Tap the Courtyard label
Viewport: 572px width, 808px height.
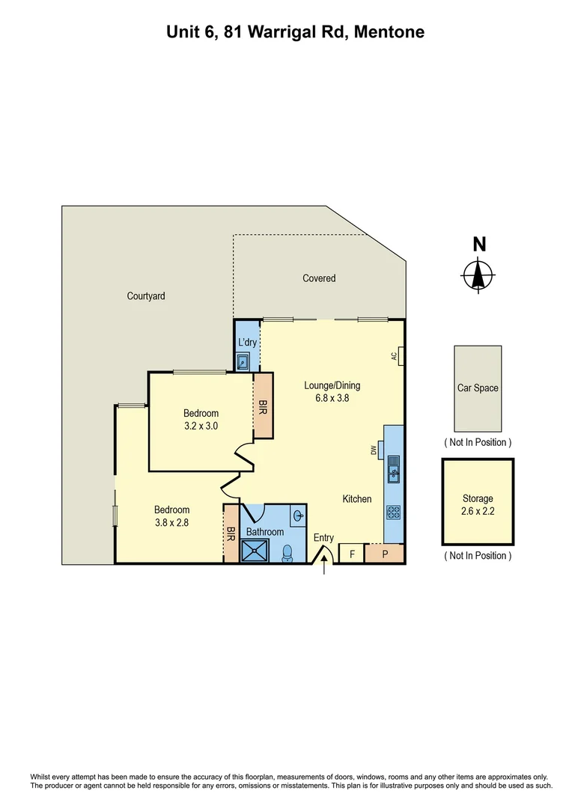click(146, 296)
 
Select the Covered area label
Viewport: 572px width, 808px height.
click(319, 278)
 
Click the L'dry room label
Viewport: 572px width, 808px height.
click(247, 343)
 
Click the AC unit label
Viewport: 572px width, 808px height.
click(394, 357)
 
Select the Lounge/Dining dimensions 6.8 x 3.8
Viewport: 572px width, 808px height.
click(332, 398)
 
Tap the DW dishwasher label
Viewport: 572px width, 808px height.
click(373, 450)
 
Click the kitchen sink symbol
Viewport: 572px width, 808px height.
click(394, 471)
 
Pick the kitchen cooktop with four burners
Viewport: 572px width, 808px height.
click(394, 512)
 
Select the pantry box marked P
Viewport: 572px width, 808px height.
click(384, 554)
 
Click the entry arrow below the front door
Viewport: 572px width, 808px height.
click(323, 568)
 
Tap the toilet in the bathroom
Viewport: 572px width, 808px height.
click(287, 553)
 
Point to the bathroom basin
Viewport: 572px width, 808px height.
click(298, 515)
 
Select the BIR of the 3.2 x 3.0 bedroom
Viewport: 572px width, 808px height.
click(264, 408)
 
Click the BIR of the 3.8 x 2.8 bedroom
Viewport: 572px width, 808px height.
click(231, 534)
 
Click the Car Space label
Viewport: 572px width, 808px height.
click(478, 388)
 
